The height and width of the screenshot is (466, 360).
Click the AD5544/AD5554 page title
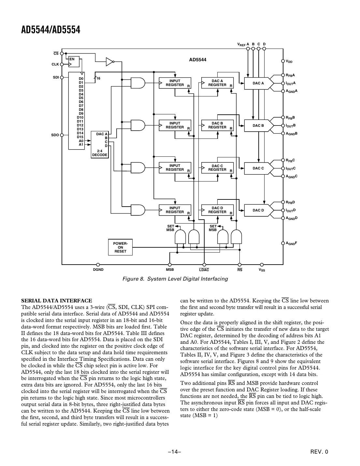click(50, 30)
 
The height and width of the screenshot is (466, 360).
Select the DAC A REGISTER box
click(217, 83)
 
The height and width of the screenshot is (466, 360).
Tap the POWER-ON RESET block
click(120, 247)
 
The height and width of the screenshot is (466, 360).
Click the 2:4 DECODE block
click(100, 145)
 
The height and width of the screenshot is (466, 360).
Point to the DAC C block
click(258, 168)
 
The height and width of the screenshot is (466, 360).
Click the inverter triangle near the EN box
click(109, 61)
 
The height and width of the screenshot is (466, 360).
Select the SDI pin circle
click(62, 78)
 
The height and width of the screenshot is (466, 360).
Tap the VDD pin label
click(289, 61)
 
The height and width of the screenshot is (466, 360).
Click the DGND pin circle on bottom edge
click(98, 265)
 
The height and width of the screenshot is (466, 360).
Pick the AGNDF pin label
click(292, 243)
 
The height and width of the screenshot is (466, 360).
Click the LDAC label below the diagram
click(204, 270)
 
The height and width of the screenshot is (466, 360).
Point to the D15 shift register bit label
click(80, 137)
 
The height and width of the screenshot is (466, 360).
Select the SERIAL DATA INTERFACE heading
click(56, 300)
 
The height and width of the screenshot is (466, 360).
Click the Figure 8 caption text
click(175, 279)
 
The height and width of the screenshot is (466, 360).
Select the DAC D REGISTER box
click(217, 210)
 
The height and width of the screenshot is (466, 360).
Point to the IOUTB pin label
click(291, 125)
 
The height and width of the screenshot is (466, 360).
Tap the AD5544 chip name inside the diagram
click(198, 60)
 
